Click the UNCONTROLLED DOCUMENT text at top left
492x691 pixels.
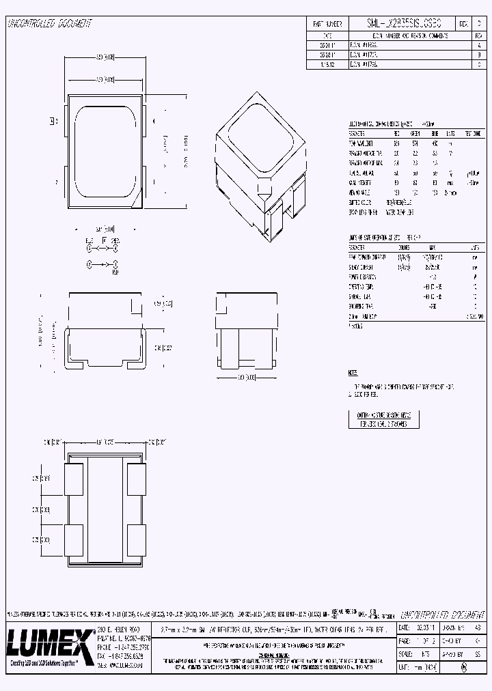click(49, 23)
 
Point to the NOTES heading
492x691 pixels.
click(353, 373)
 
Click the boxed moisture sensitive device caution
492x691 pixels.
click(383, 419)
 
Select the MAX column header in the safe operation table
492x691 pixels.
click(431, 247)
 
